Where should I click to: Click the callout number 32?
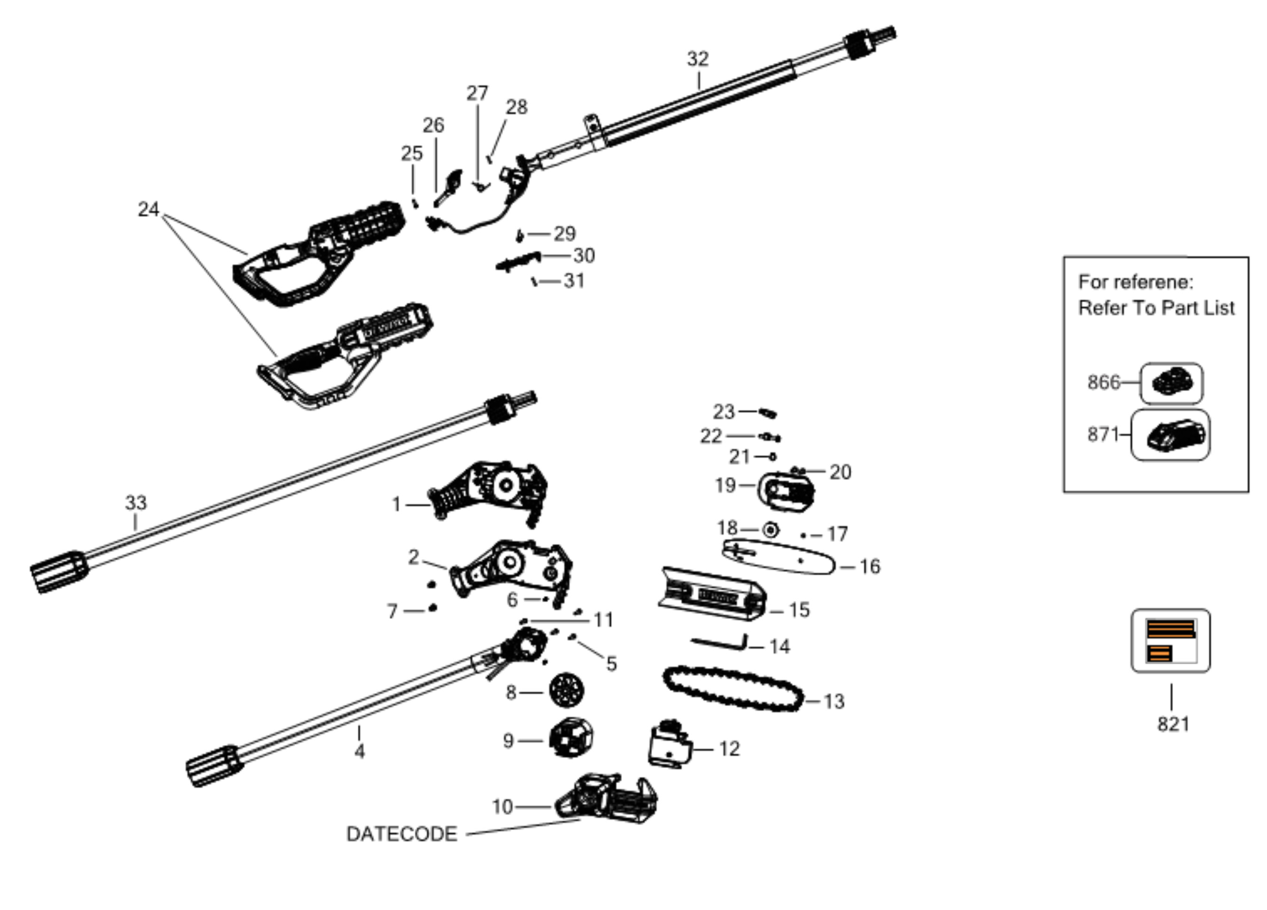pyautogui.click(x=698, y=59)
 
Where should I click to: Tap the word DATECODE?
pyautogui.click(x=401, y=834)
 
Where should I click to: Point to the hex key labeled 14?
pyautogui.click(x=721, y=643)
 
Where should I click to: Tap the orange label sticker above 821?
pyautogui.click(x=1171, y=641)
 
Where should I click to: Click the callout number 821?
pyautogui.click(x=1173, y=724)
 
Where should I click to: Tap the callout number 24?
pyautogui.click(x=149, y=210)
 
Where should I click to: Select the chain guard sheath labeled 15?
pyautogui.click(x=712, y=595)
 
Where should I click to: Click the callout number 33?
pyautogui.click(x=136, y=503)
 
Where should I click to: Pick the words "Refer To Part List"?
pyautogui.click(x=1156, y=308)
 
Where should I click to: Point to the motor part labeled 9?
pyautogui.click(x=570, y=737)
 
